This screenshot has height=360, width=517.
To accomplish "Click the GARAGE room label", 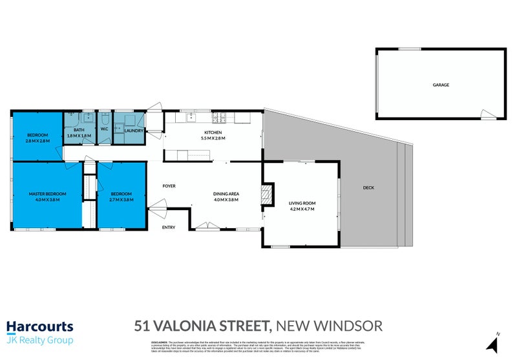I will click(441, 85).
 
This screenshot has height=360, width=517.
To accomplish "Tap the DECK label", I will click(368, 187).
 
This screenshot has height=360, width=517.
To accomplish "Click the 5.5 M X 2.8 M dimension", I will click(213, 138).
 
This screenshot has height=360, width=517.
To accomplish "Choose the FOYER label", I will click(169, 186).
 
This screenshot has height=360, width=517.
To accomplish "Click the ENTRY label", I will click(168, 228).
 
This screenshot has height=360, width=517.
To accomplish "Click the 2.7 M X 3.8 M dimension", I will click(121, 200).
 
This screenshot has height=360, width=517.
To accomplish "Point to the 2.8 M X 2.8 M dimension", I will click(36, 140).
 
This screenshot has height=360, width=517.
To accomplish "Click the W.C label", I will click(104, 131).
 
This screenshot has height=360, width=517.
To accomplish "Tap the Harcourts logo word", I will click(40, 327).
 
